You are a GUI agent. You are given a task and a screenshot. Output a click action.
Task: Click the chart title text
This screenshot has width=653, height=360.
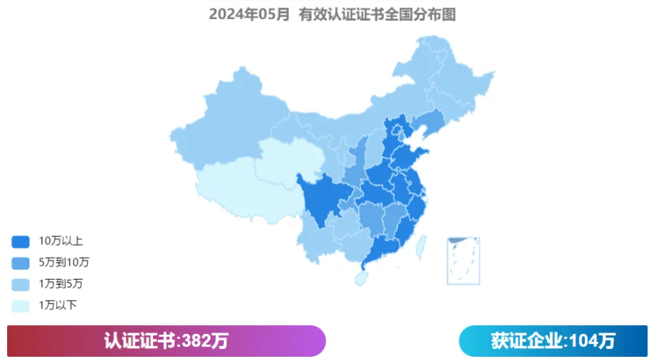tap(332, 14)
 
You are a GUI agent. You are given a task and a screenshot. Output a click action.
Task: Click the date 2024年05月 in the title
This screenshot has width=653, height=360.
tap(249, 14)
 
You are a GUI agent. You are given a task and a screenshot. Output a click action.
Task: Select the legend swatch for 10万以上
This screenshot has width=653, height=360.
tap(20, 241)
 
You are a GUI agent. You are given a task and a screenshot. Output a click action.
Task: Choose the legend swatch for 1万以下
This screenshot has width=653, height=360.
tap(20, 304)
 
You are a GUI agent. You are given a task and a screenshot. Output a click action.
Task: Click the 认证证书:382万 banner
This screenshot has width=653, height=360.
tap(166, 341)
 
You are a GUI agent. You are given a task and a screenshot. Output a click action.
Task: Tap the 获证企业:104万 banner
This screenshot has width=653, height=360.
tap(553, 341)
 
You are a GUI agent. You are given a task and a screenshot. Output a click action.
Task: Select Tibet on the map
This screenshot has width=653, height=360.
tap(238, 186)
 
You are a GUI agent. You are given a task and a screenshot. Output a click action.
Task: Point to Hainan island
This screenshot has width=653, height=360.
tap(361, 278)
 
